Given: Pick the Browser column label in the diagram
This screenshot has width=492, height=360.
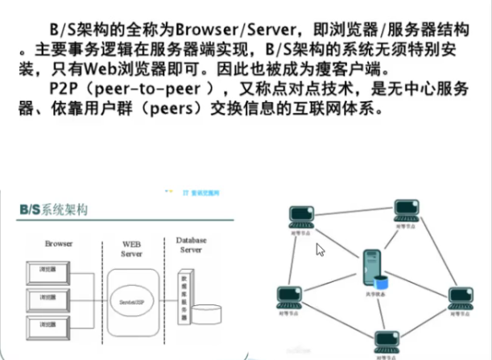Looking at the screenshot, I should point(60,242).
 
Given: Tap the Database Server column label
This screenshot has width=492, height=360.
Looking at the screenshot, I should point(191,245).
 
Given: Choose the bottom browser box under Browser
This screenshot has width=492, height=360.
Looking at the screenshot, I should point(43,325).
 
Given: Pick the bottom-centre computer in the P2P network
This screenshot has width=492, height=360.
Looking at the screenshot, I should point(386,338).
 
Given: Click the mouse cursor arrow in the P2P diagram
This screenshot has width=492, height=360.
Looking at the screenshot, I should point(320,250).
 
